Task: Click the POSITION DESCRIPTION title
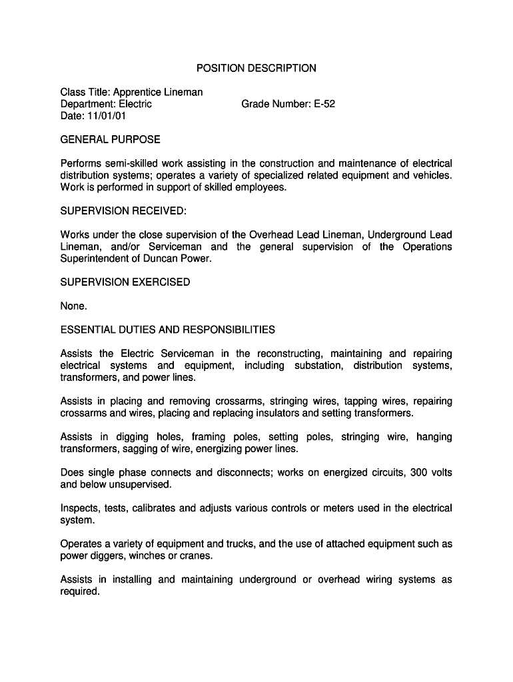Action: coord(256,68)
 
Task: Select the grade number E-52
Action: coord(325,104)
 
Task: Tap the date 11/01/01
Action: coord(106,116)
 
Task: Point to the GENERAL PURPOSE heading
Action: coord(110,140)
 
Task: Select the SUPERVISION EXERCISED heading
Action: coord(125,282)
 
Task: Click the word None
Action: coord(73,306)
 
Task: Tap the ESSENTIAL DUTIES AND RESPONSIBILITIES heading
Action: coord(167,330)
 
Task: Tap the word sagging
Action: coord(134,449)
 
